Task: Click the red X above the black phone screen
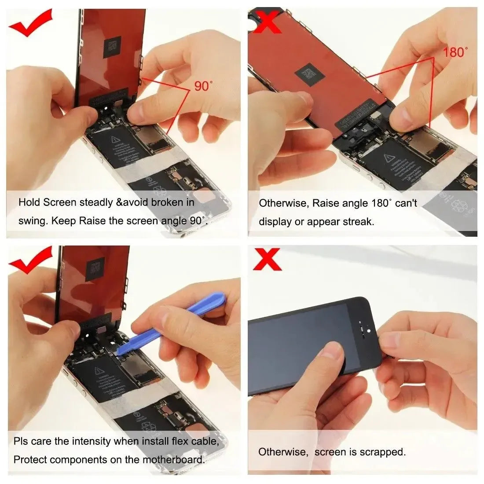coord(267,260)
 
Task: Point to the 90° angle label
coord(202,86)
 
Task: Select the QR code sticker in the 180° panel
coord(311,73)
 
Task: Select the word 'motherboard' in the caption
coord(173,460)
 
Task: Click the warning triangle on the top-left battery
coord(117,140)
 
